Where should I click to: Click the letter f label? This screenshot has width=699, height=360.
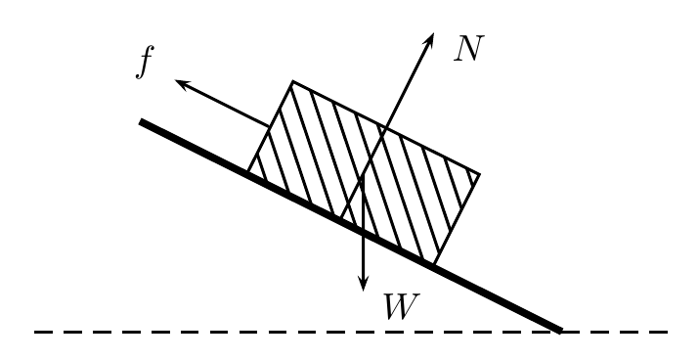click(145, 63)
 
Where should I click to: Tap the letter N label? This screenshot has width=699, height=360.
click(469, 48)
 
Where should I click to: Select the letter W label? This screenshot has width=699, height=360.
click(402, 306)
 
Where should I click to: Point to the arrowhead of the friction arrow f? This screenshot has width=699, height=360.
click(182, 83)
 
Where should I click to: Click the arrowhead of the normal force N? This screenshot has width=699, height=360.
click(429, 39)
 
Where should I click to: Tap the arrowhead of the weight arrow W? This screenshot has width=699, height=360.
click(364, 284)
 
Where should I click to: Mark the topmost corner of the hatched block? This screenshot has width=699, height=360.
click(292, 81)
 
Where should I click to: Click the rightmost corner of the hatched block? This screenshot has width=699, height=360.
click(480, 174)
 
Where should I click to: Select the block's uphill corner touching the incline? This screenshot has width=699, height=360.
click(248, 170)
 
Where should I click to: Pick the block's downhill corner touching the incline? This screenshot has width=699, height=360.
click(434, 264)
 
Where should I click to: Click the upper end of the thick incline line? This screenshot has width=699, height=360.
click(141, 121)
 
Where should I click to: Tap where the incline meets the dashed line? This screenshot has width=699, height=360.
click(561, 331)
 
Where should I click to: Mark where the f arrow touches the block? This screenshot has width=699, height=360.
click(270, 127)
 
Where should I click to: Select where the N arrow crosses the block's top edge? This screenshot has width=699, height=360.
click(386, 128)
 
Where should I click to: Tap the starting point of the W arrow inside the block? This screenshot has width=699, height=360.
click(364, 175)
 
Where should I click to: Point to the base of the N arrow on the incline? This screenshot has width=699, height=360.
click(341, 218)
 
